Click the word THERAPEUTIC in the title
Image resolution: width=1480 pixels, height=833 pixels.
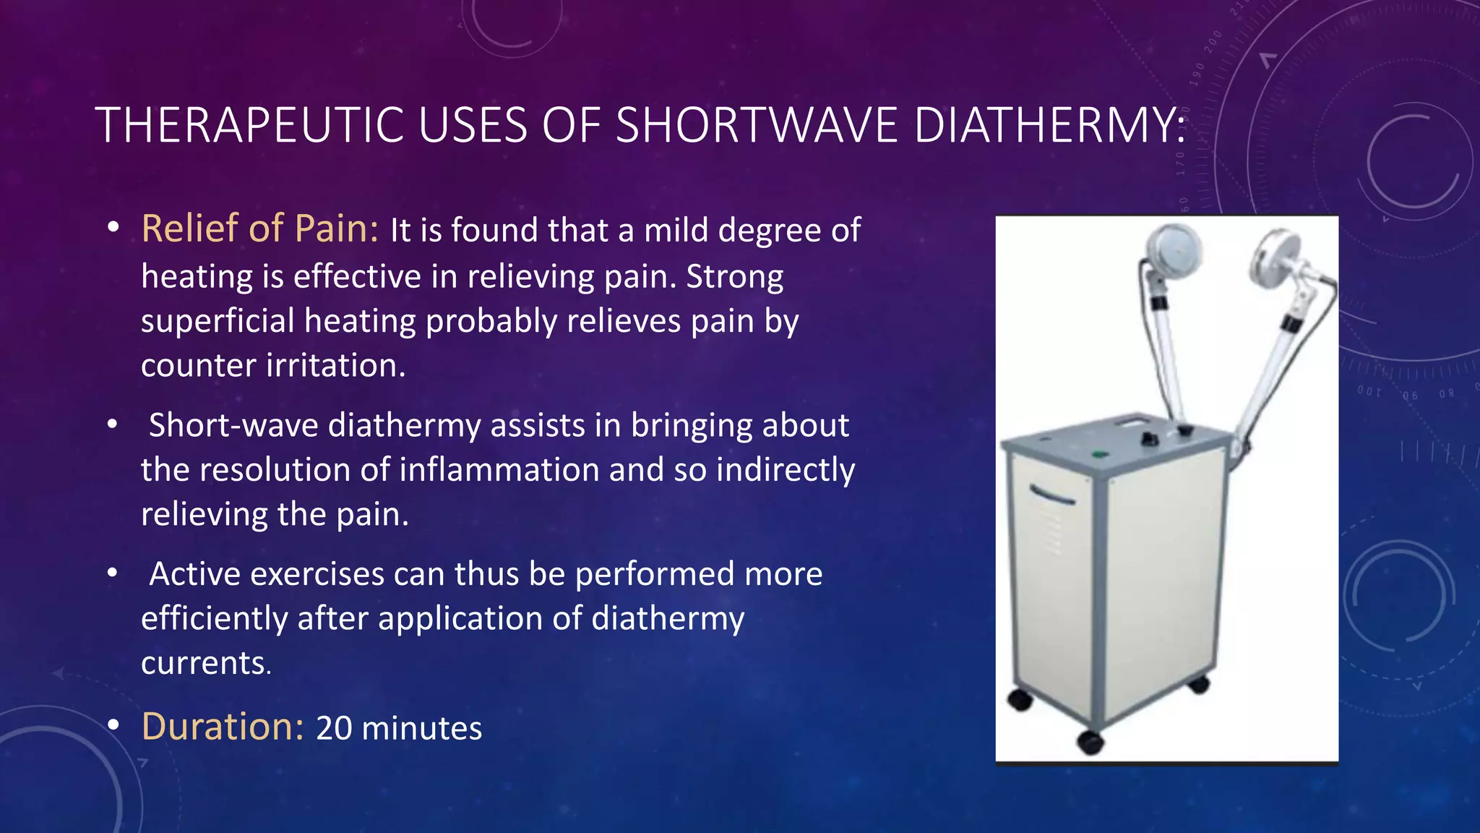tap(249, 126)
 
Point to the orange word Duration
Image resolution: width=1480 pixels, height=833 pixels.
tap(223, 727)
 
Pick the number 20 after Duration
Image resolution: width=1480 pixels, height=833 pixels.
tap(334, 728)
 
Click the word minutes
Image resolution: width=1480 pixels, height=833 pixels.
tap(422, 728)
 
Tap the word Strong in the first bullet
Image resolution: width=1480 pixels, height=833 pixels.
tap(734, 276)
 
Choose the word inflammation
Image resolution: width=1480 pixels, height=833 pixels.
tap(499, 470)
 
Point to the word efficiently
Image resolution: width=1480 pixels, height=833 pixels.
tap(214, 619)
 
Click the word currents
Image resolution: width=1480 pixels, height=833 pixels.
tap(205, 663)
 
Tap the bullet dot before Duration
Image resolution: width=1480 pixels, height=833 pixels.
tap(113, 725)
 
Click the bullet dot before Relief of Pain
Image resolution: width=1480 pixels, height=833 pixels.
tap(113, 227)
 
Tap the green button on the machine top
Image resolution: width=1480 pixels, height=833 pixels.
tap(1099, 455)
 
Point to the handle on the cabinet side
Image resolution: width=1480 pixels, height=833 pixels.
tap(1051, 495)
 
